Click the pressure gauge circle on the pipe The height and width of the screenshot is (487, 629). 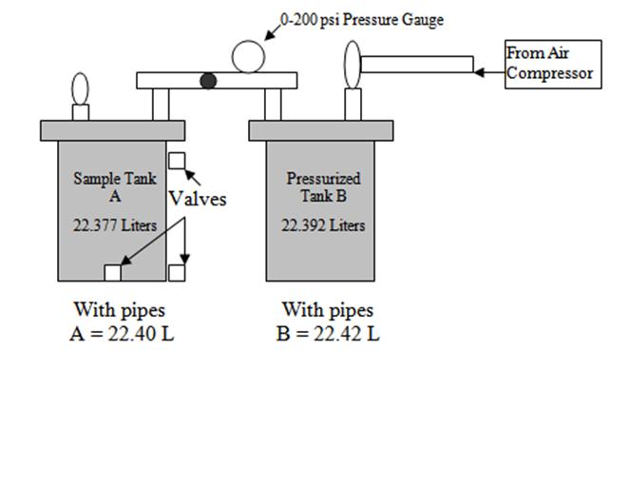(249, 56)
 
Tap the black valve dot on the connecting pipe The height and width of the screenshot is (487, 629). (208, 81)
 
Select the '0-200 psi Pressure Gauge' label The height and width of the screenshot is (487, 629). (361, 19)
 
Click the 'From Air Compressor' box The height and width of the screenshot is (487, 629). (552, 64)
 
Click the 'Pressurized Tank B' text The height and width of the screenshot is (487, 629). (323, 186)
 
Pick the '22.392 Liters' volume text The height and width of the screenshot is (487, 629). (323, 225)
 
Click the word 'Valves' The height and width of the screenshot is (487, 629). (198, 199)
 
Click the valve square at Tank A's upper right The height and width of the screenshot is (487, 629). (177, 161)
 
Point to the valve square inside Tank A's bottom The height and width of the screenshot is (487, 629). (112, 273)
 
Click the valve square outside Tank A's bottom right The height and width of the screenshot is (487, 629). (177, 273)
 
